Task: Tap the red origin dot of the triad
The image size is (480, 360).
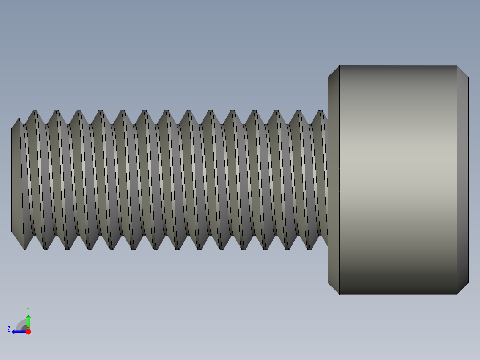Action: click(x=28, y=331)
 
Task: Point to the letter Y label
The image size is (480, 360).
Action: click(x=28, y=309)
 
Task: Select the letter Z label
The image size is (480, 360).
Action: click(x=9, y=329)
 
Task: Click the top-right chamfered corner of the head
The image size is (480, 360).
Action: click(x=463, y=72)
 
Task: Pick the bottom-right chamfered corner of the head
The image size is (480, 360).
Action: click(x=463, y=288)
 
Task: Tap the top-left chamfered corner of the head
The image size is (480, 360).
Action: click(x=334, y=72)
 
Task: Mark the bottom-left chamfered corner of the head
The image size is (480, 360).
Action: click(x=334, y=288)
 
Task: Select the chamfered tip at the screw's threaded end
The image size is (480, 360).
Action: click(x=16, y=180)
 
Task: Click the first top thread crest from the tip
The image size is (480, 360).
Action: click(x=34, y=110)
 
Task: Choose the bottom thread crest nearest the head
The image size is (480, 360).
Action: click(x=310, y=249)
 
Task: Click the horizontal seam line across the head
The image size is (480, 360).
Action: click(x=398, y=180)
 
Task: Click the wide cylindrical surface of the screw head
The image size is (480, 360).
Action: click(x=398, y=134)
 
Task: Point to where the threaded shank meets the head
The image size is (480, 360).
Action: click(x=327, y=180)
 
